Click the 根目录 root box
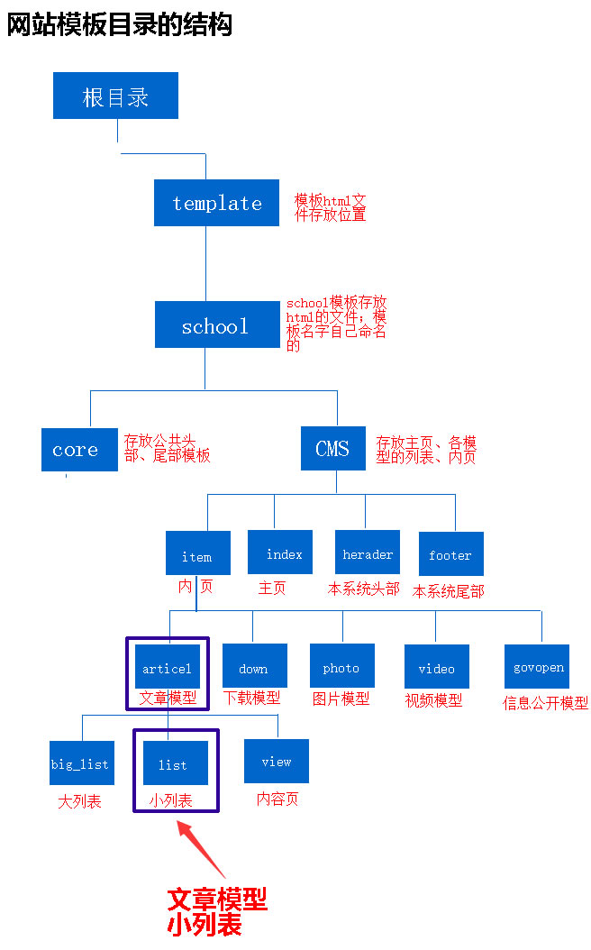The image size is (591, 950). point(115,96)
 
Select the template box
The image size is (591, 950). point(216,203)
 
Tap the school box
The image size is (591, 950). point(216,325)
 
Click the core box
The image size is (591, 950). point(79,450)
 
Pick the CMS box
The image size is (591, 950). point(332,449)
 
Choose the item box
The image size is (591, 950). point(197,553)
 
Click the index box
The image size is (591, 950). point(280,552)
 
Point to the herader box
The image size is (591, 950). point(367,552)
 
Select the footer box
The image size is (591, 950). point(450,553)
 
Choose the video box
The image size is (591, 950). point(436,667)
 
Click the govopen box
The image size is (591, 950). point(537,667)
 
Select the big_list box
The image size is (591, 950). point(81,763)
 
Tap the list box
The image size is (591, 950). point(175,763)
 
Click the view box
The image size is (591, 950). point(276,761)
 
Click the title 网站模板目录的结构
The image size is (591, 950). point(120,24)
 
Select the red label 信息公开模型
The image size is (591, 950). point(545,703)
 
